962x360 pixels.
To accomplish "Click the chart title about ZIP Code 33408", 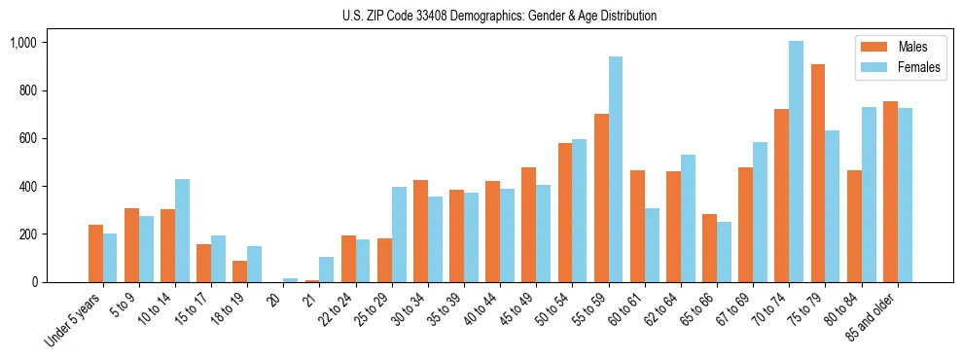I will coord(499,16).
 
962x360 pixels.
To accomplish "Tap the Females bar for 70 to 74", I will coord(796,162).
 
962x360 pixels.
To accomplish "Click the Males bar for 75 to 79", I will coord(818,173).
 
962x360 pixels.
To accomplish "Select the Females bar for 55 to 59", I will coord(616,169).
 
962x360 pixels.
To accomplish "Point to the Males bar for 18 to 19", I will coord(239,271).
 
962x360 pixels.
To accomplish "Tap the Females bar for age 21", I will coord(326,270).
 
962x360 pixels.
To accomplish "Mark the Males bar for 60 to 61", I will coord(637,227).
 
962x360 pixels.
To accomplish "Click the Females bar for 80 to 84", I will coord(869,195).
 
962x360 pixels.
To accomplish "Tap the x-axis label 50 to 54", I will coord(553,310).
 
